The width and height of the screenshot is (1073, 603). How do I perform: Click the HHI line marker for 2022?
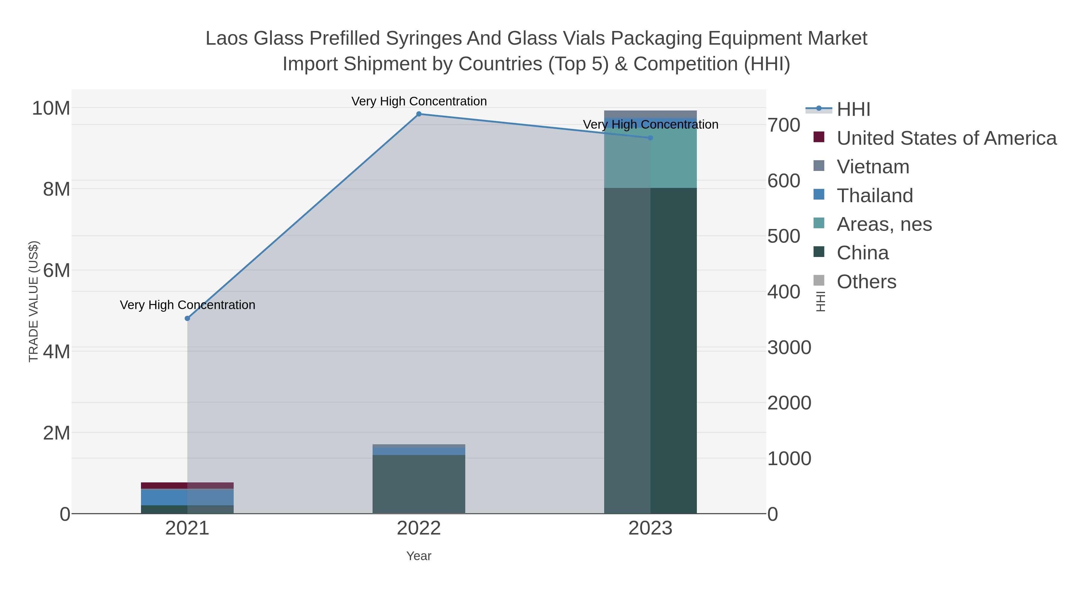[419, 114]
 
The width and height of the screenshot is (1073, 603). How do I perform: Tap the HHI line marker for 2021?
[187, 318]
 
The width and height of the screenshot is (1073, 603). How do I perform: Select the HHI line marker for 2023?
[650, 138]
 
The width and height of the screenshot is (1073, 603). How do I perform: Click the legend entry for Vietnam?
[873, 167]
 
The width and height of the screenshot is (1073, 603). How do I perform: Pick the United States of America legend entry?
[946, 138]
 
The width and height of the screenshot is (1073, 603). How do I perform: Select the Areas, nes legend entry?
[884, 224]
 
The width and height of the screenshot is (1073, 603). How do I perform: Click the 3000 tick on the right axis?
[789, 348]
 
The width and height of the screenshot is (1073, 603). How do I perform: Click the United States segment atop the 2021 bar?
[187, 485]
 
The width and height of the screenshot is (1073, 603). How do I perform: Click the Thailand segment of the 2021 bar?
[187, 497]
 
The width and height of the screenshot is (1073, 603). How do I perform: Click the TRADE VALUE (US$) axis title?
[33, 301]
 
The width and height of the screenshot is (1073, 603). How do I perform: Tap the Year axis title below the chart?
[419, 556]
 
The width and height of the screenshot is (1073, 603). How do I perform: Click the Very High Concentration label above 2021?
[187, 305]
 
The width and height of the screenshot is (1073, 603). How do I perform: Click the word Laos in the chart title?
[227, 38]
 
